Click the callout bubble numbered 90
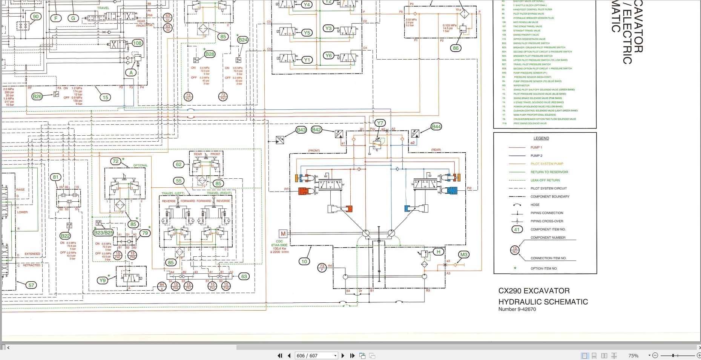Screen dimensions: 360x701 pos(36,17)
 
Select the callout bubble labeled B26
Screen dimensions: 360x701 pos(37,97)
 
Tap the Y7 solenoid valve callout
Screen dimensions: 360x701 pos(380,123)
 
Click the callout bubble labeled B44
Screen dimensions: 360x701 pos(436,127)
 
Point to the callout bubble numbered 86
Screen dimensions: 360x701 pos(456,48)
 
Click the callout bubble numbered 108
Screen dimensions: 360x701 pos(137,43)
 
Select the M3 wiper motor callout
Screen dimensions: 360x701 pos(464,255)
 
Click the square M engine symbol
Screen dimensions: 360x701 pos(283,234)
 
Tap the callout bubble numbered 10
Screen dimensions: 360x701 pos(304,261)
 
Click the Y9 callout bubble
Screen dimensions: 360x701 pos(102,280)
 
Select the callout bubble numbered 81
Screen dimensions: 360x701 pos(56,177)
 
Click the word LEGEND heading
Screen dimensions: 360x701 pos(541,138)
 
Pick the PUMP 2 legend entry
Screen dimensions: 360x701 pos(536,156)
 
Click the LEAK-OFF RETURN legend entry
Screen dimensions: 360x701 pos(545,180)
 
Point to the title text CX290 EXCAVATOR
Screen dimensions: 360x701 pos(534,291)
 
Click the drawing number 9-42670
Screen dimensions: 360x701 pos(527,309)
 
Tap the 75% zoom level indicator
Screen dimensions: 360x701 pos(634,355)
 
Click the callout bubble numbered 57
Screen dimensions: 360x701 pos(31,285)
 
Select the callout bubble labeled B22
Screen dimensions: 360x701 pos(65,236)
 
